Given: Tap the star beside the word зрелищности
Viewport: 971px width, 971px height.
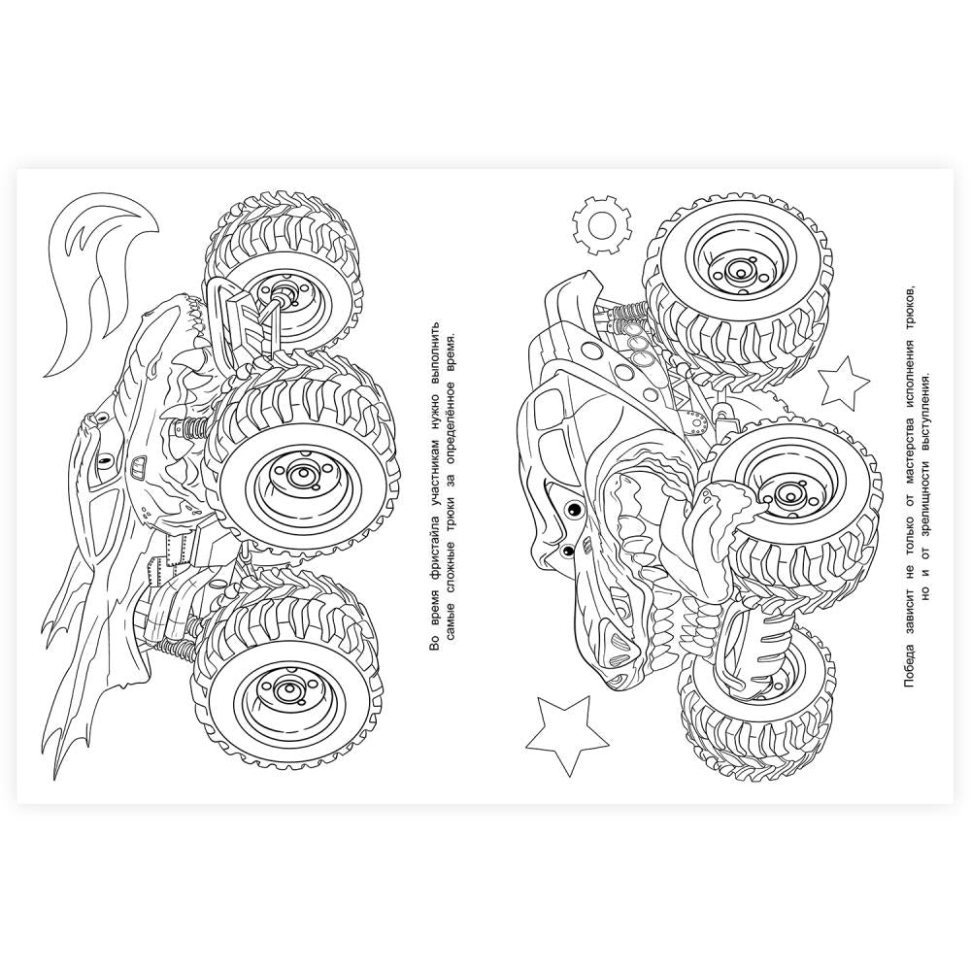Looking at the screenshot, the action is coord(844,380).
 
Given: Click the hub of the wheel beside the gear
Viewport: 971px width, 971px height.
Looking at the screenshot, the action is coord(738,269).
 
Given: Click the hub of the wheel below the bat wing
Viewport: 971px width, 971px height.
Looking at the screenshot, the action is coord(285,688).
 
